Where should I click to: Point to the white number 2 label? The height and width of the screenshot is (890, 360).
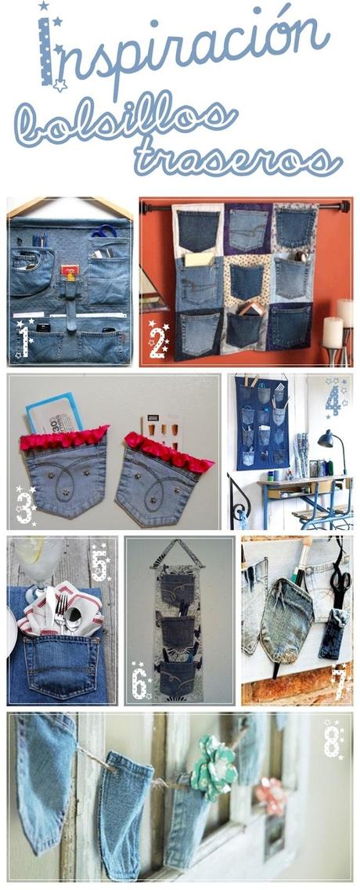pos(158,341)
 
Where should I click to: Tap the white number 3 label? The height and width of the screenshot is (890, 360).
pos(26,504)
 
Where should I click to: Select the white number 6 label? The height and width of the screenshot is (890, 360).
pos(139,682)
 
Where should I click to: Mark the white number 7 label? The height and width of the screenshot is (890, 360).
pos(339,683)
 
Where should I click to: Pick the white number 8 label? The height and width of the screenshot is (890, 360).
pos(333,741)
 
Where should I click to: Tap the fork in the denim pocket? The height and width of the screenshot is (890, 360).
pos(62,614)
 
